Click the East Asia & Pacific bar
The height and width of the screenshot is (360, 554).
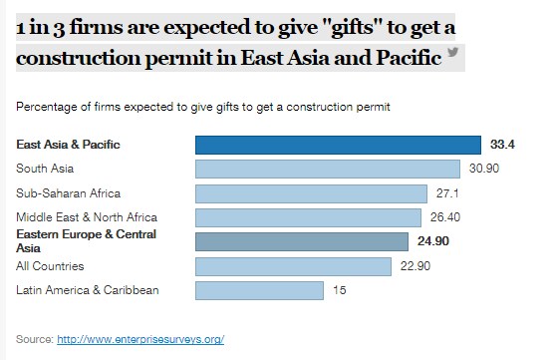point(338,145)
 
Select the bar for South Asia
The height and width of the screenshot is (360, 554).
point(328,170)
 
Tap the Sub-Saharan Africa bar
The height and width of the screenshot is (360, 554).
point(311,193)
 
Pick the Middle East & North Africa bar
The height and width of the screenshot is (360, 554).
point(309,217)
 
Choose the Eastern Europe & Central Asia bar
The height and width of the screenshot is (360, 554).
point(302,242)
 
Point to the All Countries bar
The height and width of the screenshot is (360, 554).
point(293,266)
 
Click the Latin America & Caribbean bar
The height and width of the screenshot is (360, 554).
point(259,290)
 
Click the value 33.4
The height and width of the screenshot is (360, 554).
point(502,145)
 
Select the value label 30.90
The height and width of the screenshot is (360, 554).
point(484,169)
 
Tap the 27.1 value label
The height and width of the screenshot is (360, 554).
point(447,193)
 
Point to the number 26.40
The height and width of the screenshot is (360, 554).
point(445,217)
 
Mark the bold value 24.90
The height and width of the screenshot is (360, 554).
point(433,241)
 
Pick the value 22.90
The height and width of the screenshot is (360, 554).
point(415,266)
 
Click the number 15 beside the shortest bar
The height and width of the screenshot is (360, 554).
point(340,290)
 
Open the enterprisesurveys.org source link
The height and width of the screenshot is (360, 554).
point(140,339)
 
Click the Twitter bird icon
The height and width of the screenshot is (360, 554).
point(453,52)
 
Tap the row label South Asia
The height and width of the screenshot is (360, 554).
point(45,169)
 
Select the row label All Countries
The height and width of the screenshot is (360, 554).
point(50,266)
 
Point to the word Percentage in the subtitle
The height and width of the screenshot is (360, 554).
point(46,107)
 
